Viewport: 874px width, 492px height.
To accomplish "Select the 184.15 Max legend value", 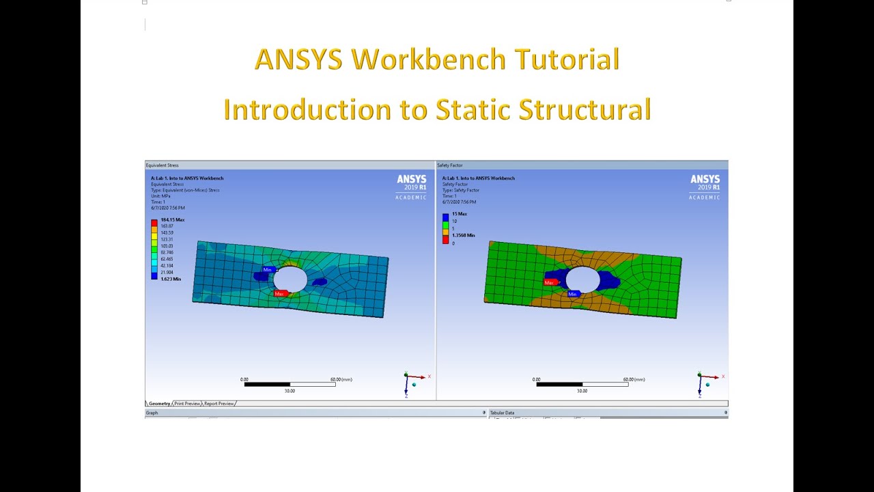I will pos(172,220).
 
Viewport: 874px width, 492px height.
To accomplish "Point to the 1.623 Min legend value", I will pos(171,279).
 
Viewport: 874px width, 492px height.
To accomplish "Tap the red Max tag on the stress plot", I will pos(279,294).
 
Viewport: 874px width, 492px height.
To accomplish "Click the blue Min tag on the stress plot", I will pos(268,270).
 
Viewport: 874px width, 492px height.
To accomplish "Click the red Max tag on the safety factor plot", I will pos(550,282).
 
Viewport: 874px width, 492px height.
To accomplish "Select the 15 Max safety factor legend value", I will pos(459,214).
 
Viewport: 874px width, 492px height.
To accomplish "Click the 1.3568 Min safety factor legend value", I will pos(463,235).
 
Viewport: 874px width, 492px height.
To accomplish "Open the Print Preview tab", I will pos(187,404).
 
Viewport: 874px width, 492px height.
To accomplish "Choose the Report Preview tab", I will pos(219,404).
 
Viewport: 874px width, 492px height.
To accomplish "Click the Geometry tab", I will pos(159,404).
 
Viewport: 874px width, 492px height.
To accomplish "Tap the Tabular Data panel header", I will pos(502,413).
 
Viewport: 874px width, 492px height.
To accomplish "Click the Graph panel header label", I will pos(152,413).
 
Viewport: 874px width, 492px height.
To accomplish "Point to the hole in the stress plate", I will pos(290,279).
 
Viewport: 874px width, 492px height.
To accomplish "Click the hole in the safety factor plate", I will pos(582,279).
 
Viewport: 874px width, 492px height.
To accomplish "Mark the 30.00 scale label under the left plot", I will pos(290,391).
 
